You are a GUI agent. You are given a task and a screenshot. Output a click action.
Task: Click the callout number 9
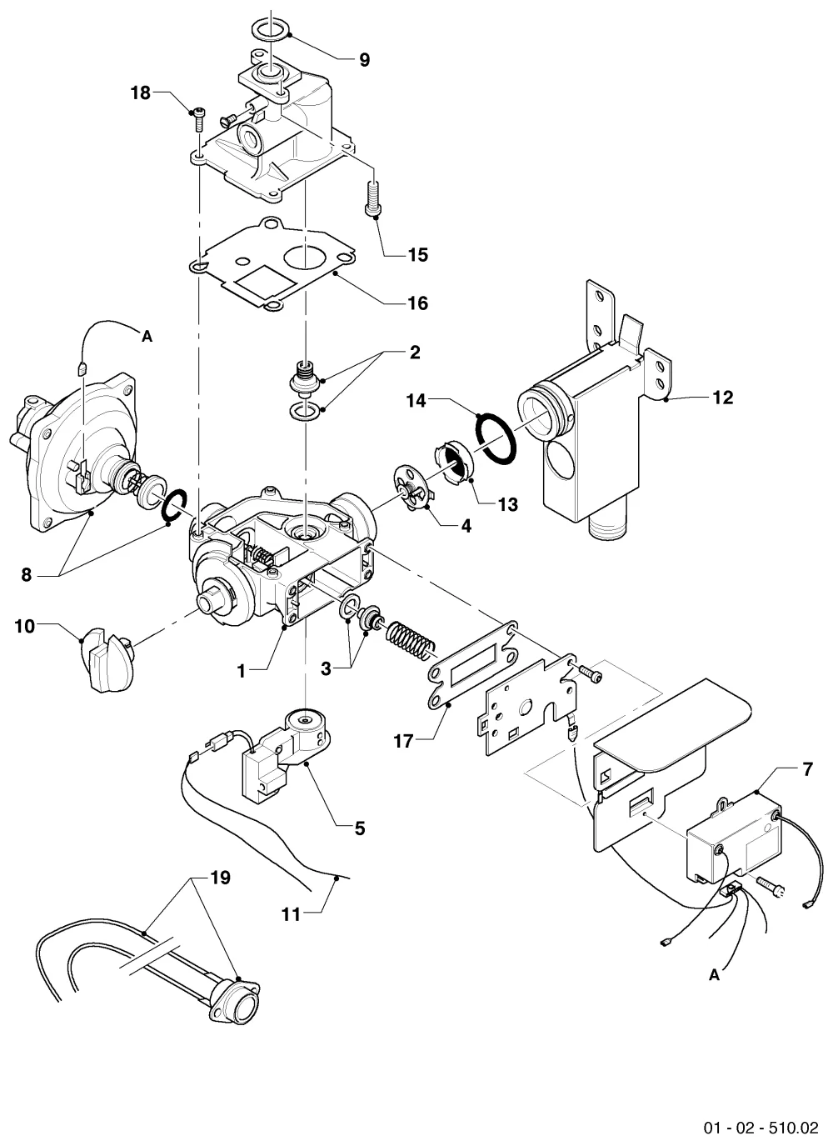click(x=364, y=60)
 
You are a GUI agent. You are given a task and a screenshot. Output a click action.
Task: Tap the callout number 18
click(x=141, y=93)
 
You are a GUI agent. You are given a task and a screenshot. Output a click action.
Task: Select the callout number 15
click(x=418, y=255)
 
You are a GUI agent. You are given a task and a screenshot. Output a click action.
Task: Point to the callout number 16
click(x=418, y=303)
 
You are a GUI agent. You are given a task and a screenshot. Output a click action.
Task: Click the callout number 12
click(x=723, y=398)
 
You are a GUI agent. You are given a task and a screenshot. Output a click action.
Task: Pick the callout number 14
click(x=416, y=401)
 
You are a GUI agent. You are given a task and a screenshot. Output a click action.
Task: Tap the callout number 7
click(x=807, y=769)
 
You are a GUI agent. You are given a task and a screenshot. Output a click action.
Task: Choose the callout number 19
click(x=221, y=878)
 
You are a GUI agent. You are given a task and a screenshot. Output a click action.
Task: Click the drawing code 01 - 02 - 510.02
click(x=761, y=1128)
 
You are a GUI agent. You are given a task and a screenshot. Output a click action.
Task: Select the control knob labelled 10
click(x=109, y=659)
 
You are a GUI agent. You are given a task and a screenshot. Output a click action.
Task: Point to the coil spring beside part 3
click(x=409, y=642)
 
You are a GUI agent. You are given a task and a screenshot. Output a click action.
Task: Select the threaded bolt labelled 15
click(x=373, y=199)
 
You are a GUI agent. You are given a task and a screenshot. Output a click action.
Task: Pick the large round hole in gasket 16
click(x=305, y=255)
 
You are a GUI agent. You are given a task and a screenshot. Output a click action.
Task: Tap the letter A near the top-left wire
click(x=147, y=336)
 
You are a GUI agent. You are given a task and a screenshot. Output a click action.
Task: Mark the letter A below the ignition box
click(x=715, y=975)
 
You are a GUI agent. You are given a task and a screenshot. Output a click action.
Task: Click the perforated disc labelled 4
click(x=412, y=487)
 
